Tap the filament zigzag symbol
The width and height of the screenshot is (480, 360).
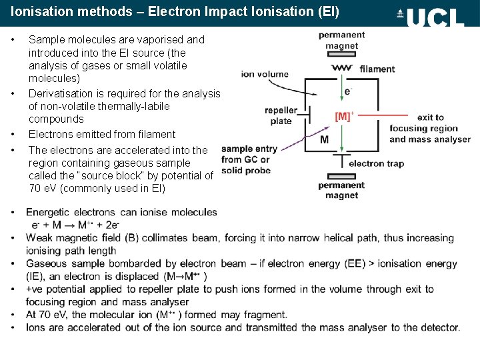click(342, 68)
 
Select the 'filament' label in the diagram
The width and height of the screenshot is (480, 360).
click(377, 69)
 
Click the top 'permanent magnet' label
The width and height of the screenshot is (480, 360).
click(341, 40)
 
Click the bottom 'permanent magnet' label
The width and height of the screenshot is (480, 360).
click(341, 190)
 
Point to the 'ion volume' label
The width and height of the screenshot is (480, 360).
click(265, 74)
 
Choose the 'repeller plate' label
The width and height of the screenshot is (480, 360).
click(281, 115)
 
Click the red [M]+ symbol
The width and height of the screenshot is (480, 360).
click(343, 117)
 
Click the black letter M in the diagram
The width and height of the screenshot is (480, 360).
click(324, 140)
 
